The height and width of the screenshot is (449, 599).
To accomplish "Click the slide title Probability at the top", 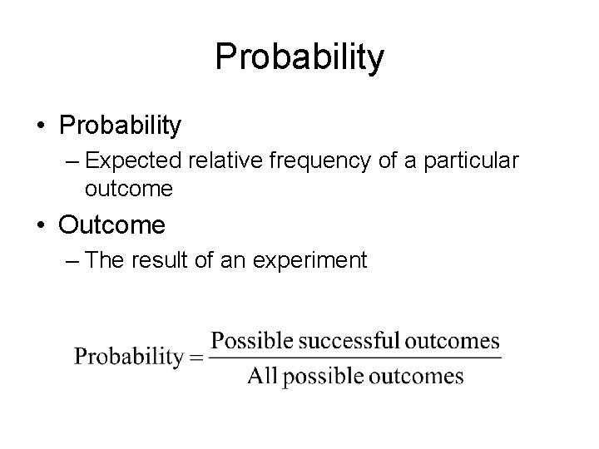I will coord(299,57).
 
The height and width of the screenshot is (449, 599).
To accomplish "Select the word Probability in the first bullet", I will coord(120,126).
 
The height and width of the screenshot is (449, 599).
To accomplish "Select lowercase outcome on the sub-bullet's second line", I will coord(129,189).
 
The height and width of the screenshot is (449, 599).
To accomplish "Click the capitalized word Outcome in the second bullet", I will coord(112,224).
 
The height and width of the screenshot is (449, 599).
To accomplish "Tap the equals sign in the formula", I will coord(194,358).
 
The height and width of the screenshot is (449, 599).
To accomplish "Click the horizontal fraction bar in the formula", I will coord(355,358).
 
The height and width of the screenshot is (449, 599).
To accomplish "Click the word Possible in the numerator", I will coord(249,341).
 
